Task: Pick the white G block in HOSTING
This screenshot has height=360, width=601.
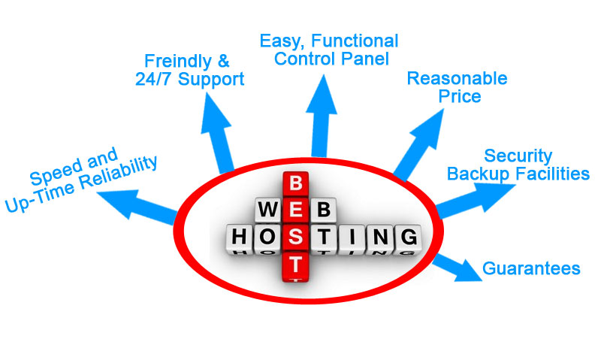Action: pos(408,237)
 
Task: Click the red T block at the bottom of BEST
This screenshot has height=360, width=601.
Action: pos(296,265)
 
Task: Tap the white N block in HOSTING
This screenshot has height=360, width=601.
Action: pos(380,237)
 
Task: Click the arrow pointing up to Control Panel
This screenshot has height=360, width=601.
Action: pos(323,113)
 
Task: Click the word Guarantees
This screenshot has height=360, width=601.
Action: pos(530,268)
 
